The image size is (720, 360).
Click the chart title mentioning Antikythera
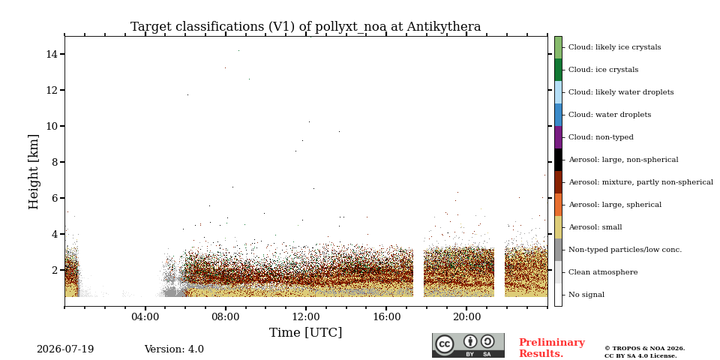click(x=305, y=27)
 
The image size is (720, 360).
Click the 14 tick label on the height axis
click(x=52, y=54)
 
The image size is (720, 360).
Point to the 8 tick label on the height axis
click(x=54, y=162)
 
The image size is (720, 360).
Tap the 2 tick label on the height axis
click(x=54, y=270)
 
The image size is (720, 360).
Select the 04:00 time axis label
click(x=145, y=316)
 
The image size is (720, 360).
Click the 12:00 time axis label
click(x=306, y=316)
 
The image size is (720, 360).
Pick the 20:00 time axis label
click(x=466, y=316)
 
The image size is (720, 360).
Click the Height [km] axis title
click(x=34, y=172)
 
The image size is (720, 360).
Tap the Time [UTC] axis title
click(x=305, y=332)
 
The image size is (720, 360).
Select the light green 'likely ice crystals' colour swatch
click(x=558, y=47)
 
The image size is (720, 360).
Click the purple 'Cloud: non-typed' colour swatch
click(x=558, y=137)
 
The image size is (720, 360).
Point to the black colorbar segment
click(x=558, y=160)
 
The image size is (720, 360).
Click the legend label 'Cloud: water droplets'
click(x=609, y=115)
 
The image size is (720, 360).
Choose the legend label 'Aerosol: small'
click(x=595, y=227)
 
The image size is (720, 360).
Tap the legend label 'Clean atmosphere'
click(x=603, y=272)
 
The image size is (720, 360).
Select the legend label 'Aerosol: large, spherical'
click(x=615, y=205)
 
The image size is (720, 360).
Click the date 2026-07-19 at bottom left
click(x=65, y=349)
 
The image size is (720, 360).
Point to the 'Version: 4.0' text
click(x=174, y=349)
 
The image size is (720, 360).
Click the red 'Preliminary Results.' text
click(x=552, y=348)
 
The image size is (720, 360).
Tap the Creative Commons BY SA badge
click(x=468, y=345)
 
